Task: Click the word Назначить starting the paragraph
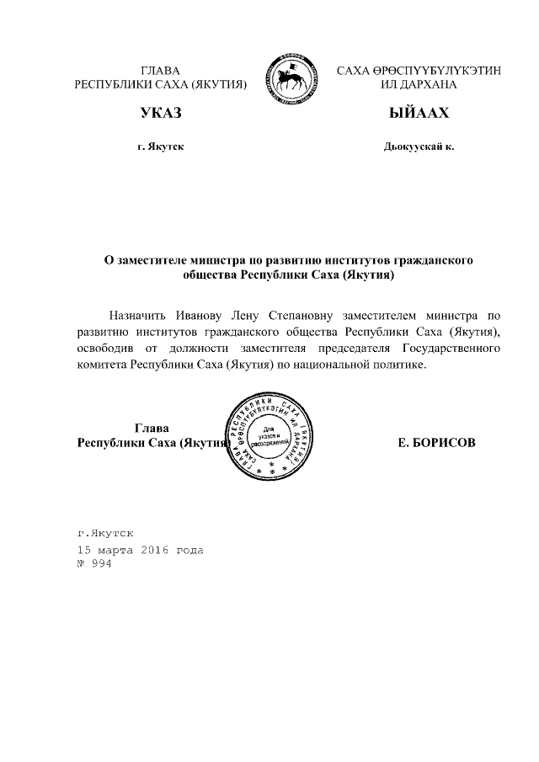tap(139, 317)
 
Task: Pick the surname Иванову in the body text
tap(201, 317)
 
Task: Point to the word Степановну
tap(305, 317)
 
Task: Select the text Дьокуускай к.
tap(419, 147)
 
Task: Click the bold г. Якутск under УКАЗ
tap(161, 147)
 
